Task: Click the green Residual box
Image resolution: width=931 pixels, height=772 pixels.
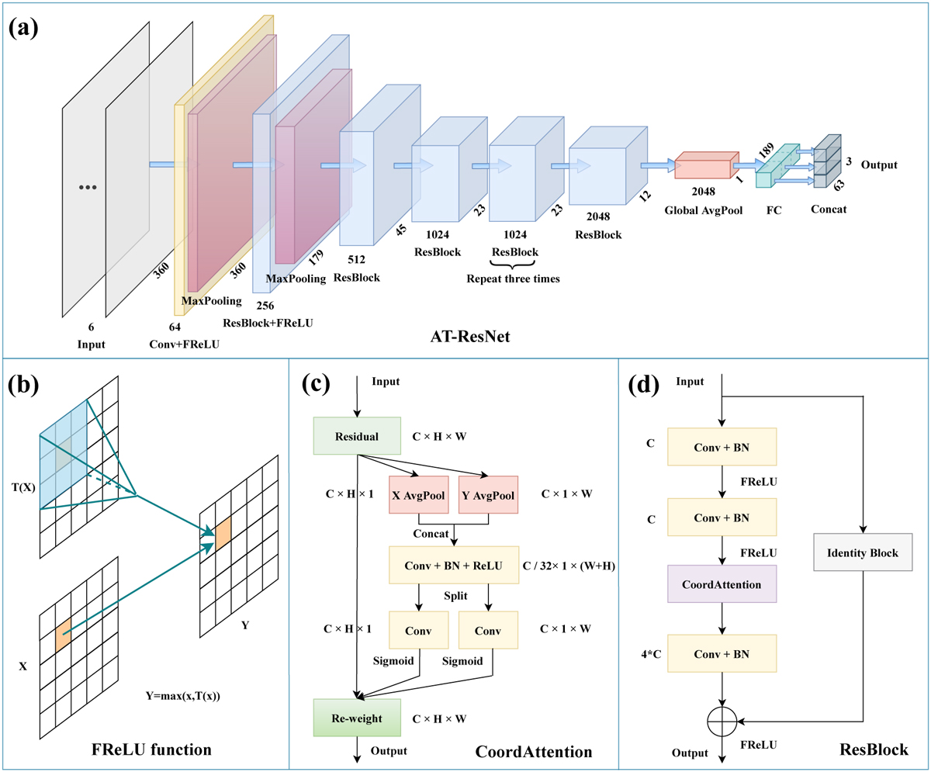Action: [x=356, y=435]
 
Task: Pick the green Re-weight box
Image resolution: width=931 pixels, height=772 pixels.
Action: [x=356, y=718]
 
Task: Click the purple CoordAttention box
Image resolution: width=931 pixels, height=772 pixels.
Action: [x=722, y=584]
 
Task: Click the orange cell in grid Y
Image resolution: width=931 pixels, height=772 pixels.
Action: [x=223, y=535]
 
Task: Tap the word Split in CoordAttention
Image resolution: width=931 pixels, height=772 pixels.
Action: [x=455, y=597]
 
